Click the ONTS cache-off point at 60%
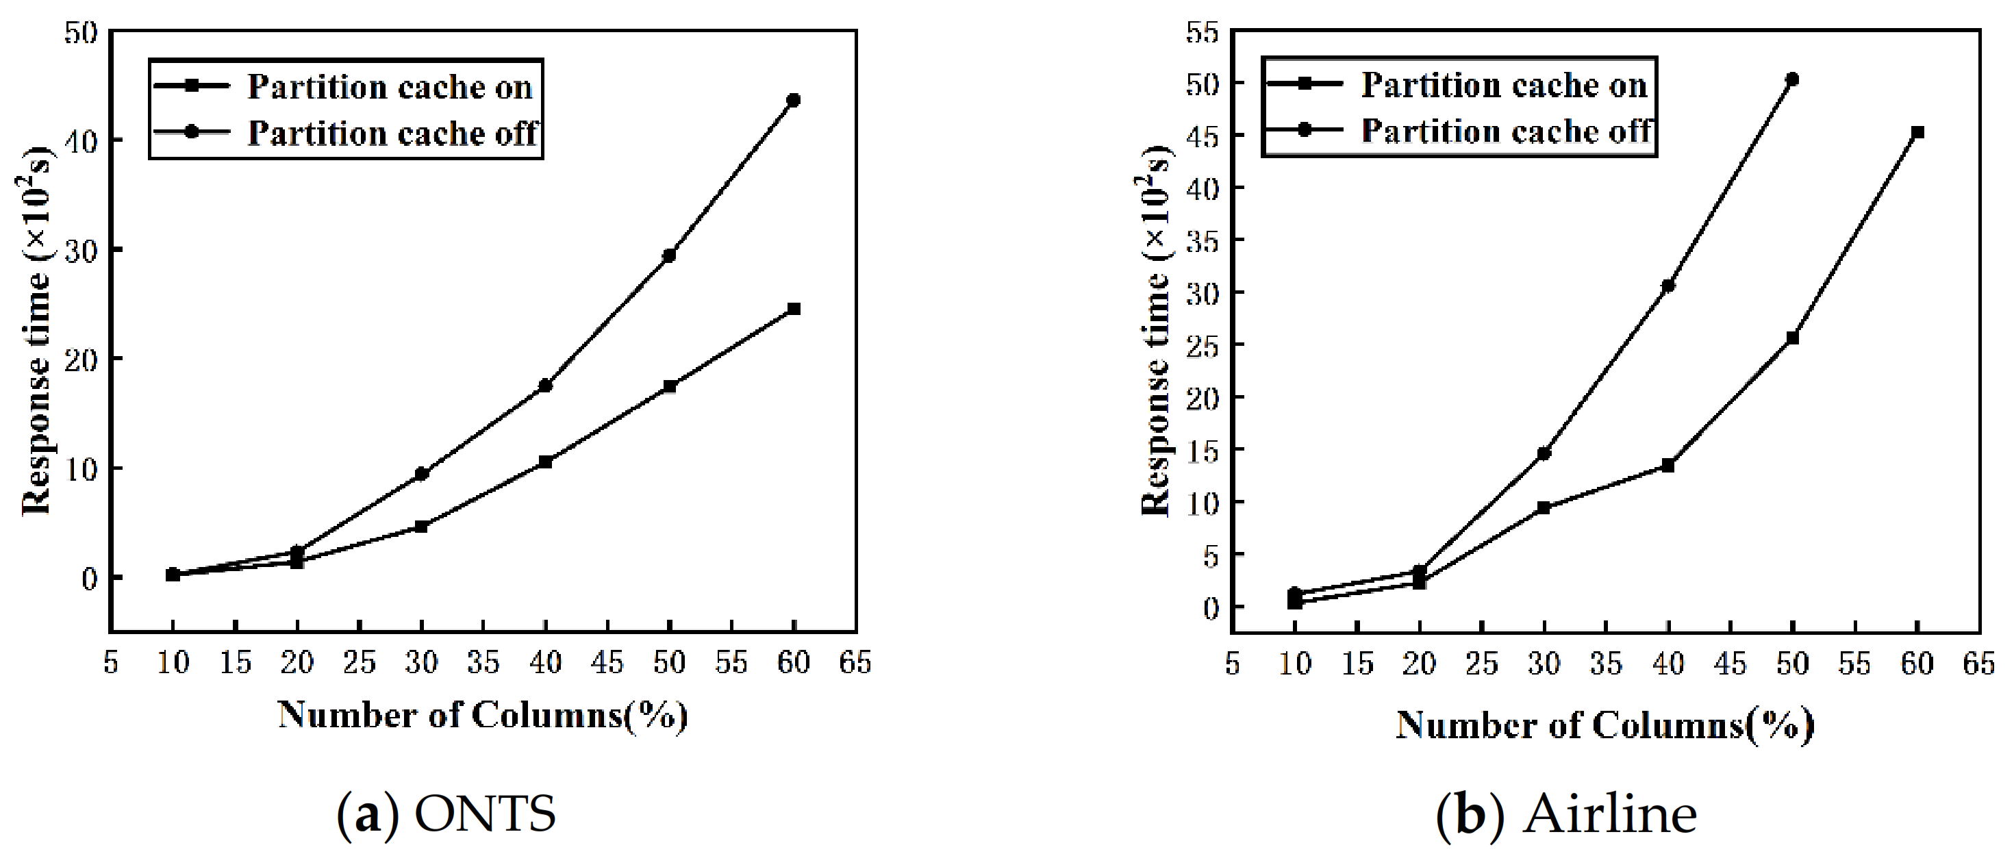[x=794, y=100]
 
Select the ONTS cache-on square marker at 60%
[x=794, y=309]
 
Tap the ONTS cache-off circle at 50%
[x=669, y=255]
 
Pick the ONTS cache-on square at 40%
[x=545, y=462]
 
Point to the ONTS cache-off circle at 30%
[x=421, y=474]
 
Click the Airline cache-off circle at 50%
[x=1792, y=79]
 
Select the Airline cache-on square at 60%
[x=1917, y=132]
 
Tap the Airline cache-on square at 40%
[x=1667, y=465]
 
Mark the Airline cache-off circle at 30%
[x=1544, y=453]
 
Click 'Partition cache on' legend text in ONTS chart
[x=390, y=88]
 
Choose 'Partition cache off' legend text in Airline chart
[x=1507, y=131]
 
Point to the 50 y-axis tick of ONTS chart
[x=81, y=33]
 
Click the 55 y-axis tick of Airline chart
[x=1203, y=33]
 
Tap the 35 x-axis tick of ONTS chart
[x=483, y=663]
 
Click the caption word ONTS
[x=485, y=814]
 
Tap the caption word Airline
[x=1609, y=814]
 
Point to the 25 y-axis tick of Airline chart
[x=1203, y=344]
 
